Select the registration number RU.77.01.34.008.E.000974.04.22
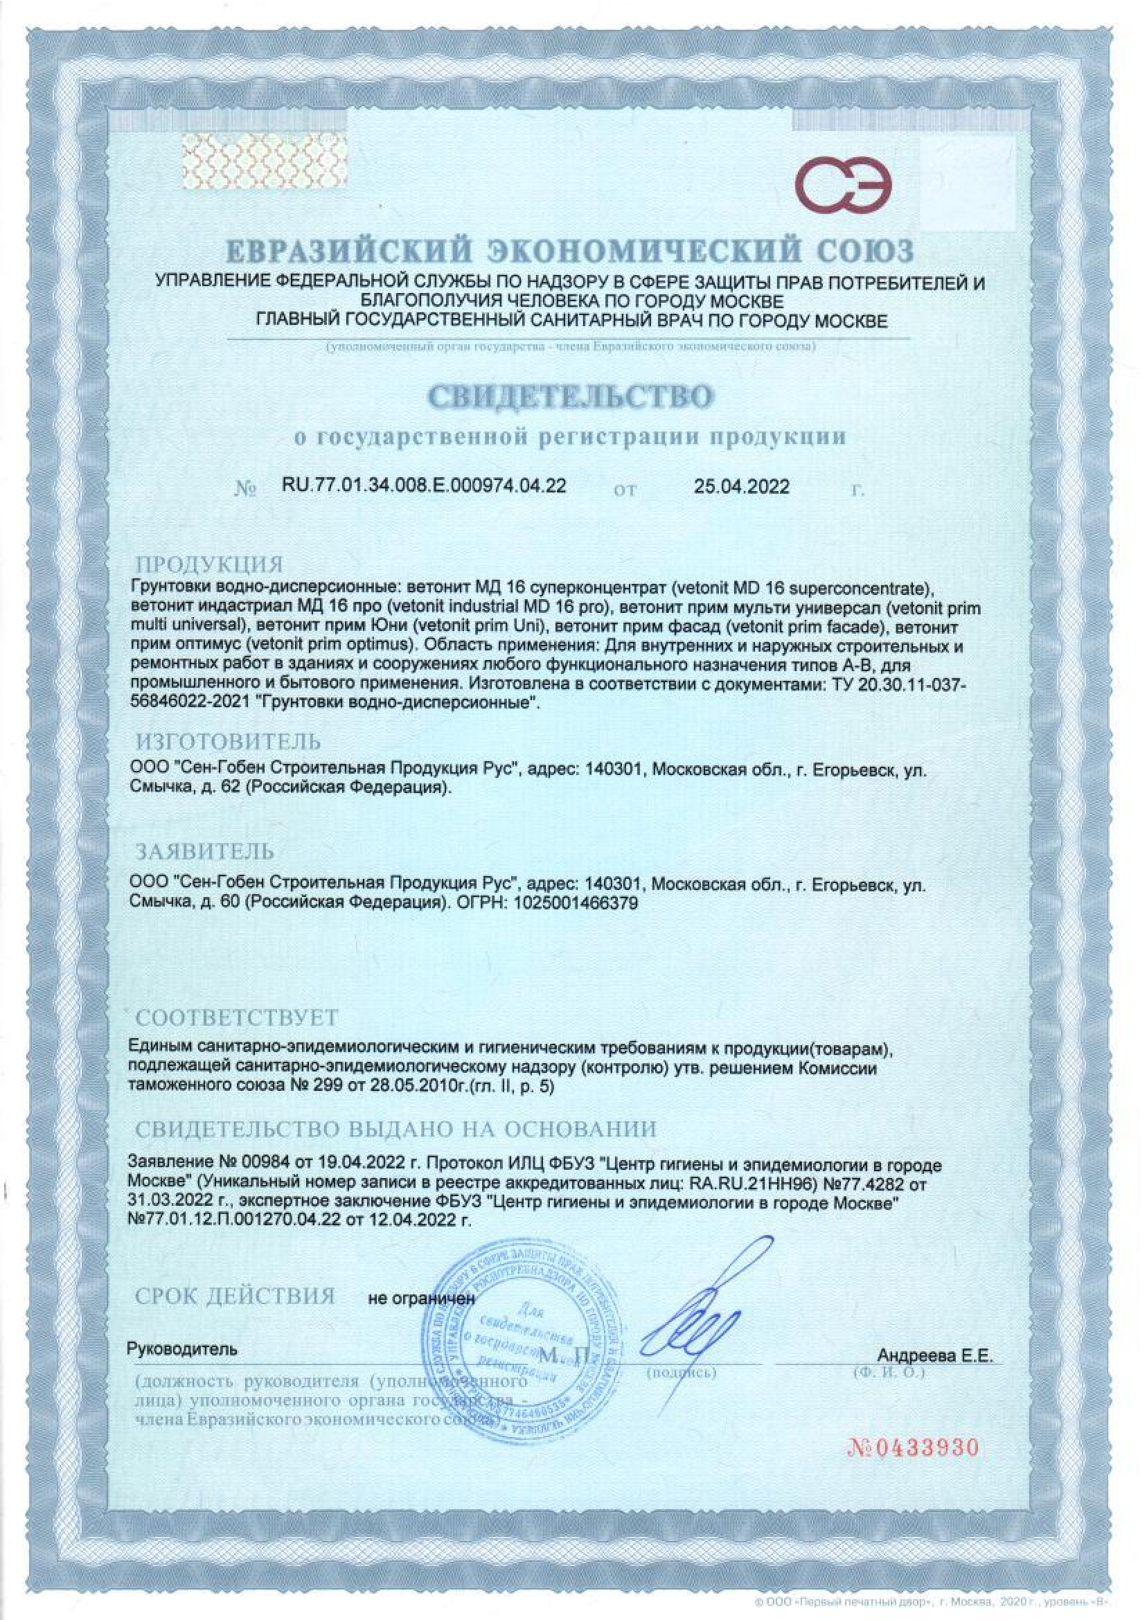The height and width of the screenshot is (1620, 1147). [x=423, y=487]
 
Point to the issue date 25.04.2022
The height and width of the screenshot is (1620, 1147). [x=741, y=487]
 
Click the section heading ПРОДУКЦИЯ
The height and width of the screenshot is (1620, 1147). [x=210, y=565]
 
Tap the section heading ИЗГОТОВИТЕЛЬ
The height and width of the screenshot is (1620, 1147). [x=228, y=742]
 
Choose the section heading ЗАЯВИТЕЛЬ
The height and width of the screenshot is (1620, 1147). [x=205, y=852]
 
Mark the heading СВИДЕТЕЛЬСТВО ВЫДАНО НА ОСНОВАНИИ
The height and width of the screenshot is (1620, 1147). [x=396, y=1128]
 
